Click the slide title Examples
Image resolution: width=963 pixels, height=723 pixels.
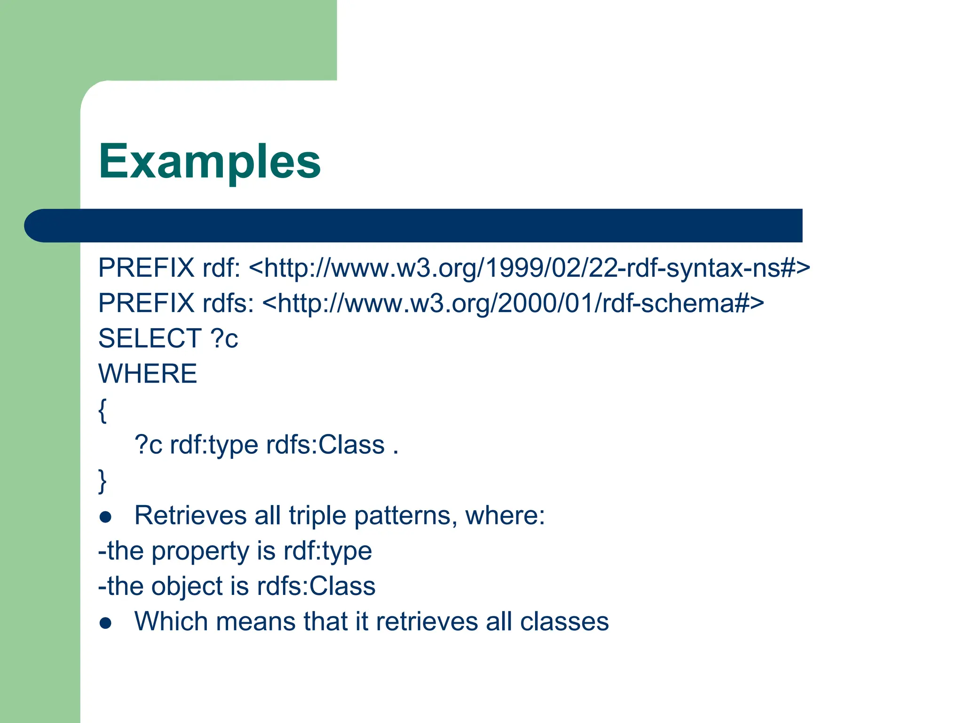coord(209,161)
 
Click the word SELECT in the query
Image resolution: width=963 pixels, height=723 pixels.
coord(150,338)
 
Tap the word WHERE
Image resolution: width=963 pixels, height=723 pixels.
coord(147,374)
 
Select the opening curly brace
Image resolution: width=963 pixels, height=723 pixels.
coord(103,410)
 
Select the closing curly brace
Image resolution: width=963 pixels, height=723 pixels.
coord(103,481)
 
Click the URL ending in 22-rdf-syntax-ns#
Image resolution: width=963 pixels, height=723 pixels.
coord(529,268)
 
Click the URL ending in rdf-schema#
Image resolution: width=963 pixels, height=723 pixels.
coord(513,303)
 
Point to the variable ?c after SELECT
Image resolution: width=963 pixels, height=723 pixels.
coord(224,338)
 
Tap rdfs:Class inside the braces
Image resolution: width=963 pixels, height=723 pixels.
coord(325,445)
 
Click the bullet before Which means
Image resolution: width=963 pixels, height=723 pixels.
coord(106,623)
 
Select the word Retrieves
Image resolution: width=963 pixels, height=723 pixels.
coord(190,515)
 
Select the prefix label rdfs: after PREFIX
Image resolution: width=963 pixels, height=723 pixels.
coord(228,303)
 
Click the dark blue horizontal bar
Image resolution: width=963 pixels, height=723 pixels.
coord(414,225)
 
